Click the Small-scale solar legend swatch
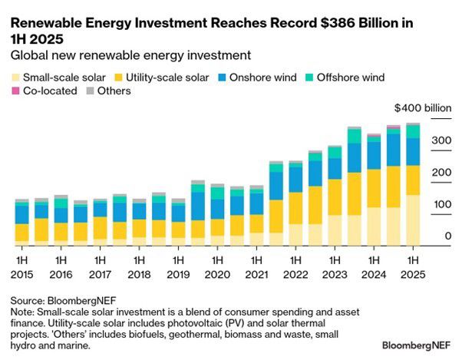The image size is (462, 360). [15, 77]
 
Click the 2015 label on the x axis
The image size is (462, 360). [21, 274]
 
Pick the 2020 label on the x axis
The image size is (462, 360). [217, 274]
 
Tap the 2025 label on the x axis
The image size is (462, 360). [413, 274]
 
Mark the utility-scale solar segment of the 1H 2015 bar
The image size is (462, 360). [21, 233]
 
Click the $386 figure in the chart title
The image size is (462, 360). [345, 23]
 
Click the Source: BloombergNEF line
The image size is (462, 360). [58, 300]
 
